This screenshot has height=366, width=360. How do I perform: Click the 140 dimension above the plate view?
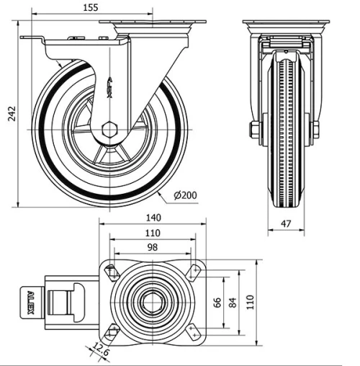pyautogui.click(x=153, y=218)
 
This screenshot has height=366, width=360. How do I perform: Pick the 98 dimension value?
pyautogui.click(x=152, y=247)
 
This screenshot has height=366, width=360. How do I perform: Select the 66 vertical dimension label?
pyautogui.click(x=217, y=302)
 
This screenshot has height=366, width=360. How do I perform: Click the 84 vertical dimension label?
pyautogui.click(x=232, y=302)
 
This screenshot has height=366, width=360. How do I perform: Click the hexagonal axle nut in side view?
pyautogui.click(x=109, y=130)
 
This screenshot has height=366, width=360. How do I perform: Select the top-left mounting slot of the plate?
pyautogui.click(x=112, y=272)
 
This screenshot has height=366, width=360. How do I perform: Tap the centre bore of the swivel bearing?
pyautogui.click(x=152, y=302)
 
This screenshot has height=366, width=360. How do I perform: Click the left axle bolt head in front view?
pyautogui.click(x=254, y=130)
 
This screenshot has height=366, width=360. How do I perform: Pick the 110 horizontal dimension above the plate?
pyautogui.click(x=152, y=233)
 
